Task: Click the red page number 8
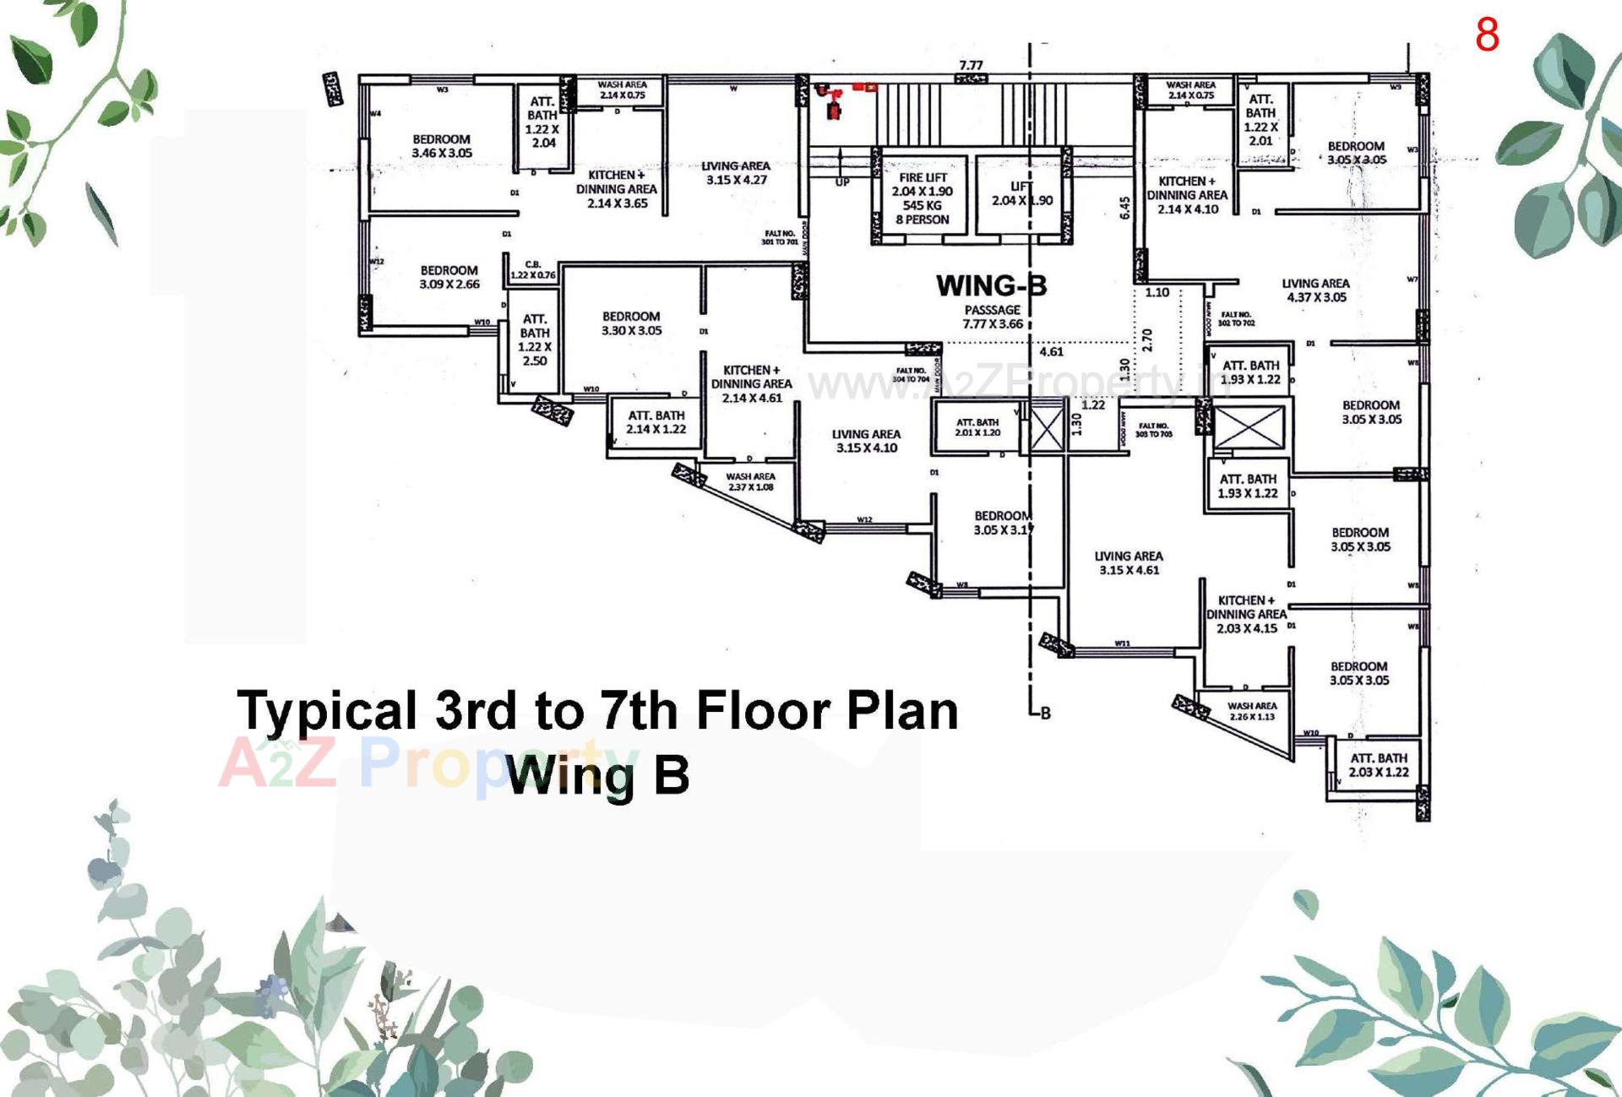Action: [x=1487, y=35]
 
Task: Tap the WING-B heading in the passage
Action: [x=991, y=285]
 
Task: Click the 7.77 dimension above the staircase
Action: [x=971, y=65]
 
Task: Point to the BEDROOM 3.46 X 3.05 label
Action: [x=442, y=146]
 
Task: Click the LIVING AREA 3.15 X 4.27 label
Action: [x=736, y=172]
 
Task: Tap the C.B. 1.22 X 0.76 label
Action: [x=533, y=269]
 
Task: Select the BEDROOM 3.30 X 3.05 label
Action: [x=631, y=323]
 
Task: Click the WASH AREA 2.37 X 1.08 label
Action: [x=750, y=481]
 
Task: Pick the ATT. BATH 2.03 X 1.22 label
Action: [x=1379, y=765]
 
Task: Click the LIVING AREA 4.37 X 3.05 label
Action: [x=1315, y=290]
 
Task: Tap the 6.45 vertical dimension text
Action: [x=1124, y=208]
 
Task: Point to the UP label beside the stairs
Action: [x=842, y=182]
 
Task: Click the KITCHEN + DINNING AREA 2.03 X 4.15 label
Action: [x=1246, y=614]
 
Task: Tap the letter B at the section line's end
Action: [x=1045, y=713]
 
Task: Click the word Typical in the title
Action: [x=327, y=711]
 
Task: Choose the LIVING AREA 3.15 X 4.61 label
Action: [x=1129, y=562]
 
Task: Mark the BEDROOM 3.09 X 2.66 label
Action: [x=449, y=277]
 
